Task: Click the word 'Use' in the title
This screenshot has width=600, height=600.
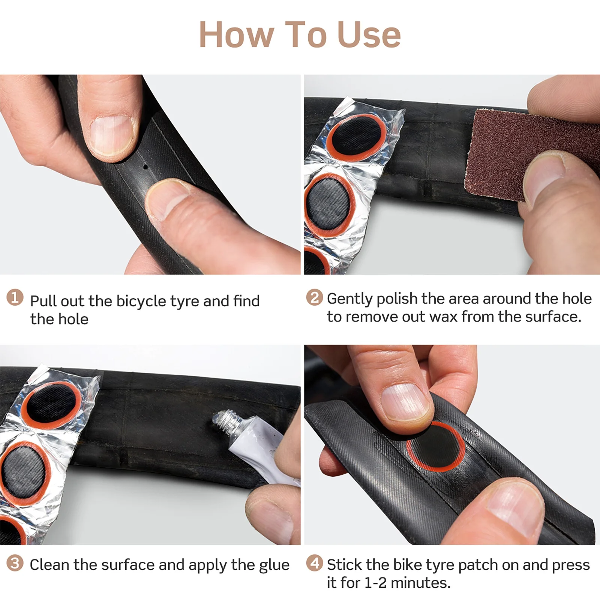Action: pyautogui.click(x=369, y=34)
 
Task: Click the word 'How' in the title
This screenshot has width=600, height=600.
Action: pyautogui.click(x=236, y=34)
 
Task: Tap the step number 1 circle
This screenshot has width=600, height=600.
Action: pyautogui.click(x=15, y=297)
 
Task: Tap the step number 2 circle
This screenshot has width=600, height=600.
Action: pyautogui.click(x=314, y=297)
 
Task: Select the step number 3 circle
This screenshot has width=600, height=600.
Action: pyautogui.click(x=15, y=563)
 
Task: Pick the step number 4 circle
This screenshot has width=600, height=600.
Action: pyautogui.click(x=314, y=563)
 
